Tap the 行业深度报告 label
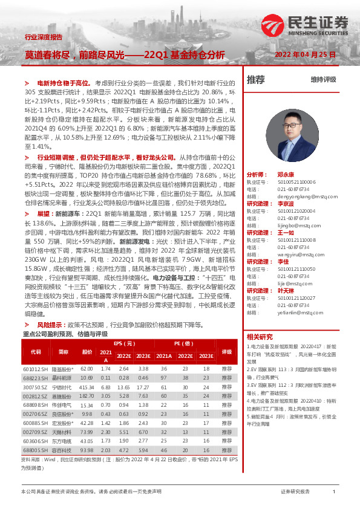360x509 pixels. coord(43,37)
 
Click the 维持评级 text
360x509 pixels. coord(323,80)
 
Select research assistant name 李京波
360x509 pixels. coord(286,204)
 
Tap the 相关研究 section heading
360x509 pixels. coord(260,336)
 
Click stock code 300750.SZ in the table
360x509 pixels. coord(36,386)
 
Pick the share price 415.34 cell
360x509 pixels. coord(87,386)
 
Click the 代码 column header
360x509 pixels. coord(36,352)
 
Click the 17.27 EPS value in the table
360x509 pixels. coord(143,386)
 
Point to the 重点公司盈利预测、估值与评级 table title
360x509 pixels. coord(65,334)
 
